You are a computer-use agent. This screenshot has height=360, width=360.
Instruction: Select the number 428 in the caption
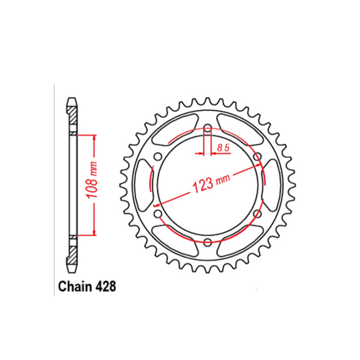pyautogui.click(x=105, y=285)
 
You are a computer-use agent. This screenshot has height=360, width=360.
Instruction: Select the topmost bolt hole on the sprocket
pyautogui.click(x=207, y=130)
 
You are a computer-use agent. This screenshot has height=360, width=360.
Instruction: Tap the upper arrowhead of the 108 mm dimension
pyautogui.click(x=92, y=138)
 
